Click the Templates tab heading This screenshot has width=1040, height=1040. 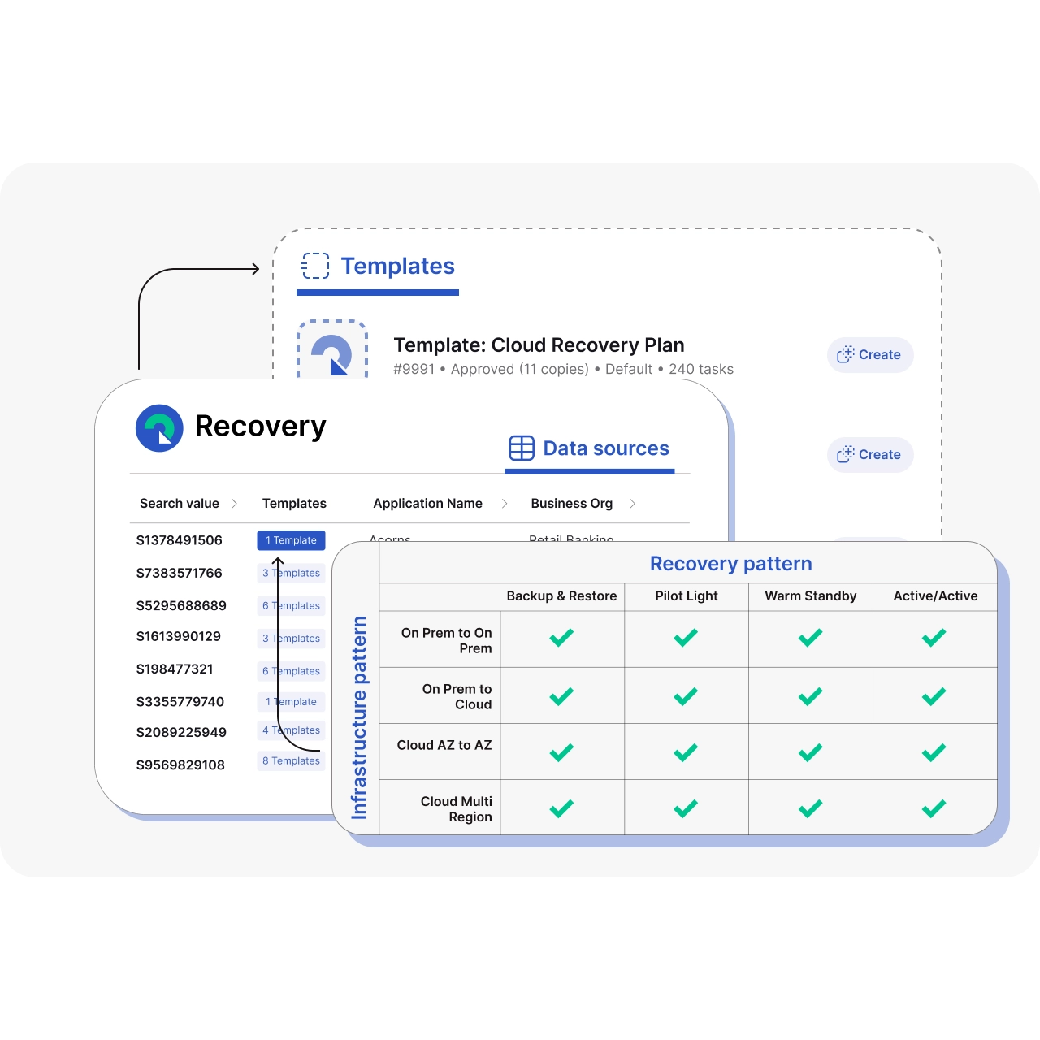pyautogui.click(x=397, y=266)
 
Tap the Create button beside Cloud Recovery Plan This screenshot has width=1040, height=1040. pyautogui.click(x=870, y=355)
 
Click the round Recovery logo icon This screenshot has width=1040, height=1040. pyautogui.click(x=159, y=428)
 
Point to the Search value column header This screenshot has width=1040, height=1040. pyautogui.click(x=180, y=504)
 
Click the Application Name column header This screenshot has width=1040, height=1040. pyautogui.click(x=427, y=504)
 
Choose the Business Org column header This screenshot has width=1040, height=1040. pyautogui.click(x=571, y=504)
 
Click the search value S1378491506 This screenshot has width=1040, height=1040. pyautogui.click(x=180, y=540)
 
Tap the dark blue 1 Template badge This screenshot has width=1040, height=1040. pyautogui.click(x=291, y=540)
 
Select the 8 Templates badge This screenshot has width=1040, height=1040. pyautogui.click(x=291, y=761)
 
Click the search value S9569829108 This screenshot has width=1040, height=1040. pyautogui.click(x=180, y=765)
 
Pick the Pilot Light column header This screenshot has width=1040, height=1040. pyautogui.click(x=687, y=596)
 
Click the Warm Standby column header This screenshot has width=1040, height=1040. pyautogui.click(x=810, y=596)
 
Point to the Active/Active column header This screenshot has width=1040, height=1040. pyautogui.click(x=935, y=596)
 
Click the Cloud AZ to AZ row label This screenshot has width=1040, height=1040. pyautogui.click(x=444, y=745)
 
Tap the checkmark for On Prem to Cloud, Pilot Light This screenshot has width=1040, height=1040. pyautogui.click(x=686, y=696)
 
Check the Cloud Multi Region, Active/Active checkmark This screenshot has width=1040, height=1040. pyautogui.click(x=934, y=808)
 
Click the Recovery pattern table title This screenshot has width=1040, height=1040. pyautogui.click(x=730, y=564)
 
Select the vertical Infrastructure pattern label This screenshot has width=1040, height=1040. pyautogui.click(x=359, y=717)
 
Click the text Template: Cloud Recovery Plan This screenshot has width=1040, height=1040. pyautogui.click(x=539, y=345)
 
